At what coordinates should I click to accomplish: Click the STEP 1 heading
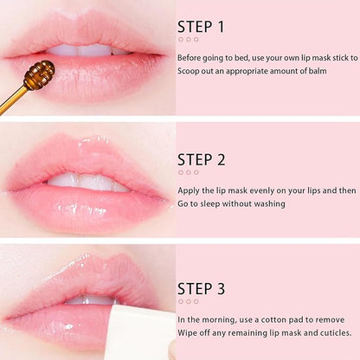tap(201, 26)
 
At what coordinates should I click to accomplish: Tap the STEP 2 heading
tap(201, 159)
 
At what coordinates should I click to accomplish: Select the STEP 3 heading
tap(201, 288)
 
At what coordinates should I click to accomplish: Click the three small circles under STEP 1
tap(188, 39)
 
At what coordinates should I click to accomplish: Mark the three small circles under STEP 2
tap(188, 172)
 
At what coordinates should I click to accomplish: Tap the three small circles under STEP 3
tap(188, 301)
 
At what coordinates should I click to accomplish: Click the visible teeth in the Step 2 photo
tap(87, 182)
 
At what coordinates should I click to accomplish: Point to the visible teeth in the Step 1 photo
tap(82, 49)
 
